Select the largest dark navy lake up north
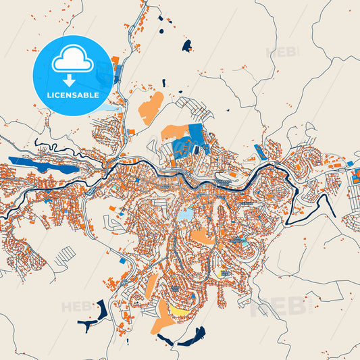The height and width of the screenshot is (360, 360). (x=186, y=45)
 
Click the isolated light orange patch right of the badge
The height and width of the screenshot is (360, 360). (x=151, y=105)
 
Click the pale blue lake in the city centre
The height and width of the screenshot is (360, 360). (x=184, y=214)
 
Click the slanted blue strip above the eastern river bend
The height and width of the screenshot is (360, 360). (x=259, y=153)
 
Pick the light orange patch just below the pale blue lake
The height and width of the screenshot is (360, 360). (x=201, y=237)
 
